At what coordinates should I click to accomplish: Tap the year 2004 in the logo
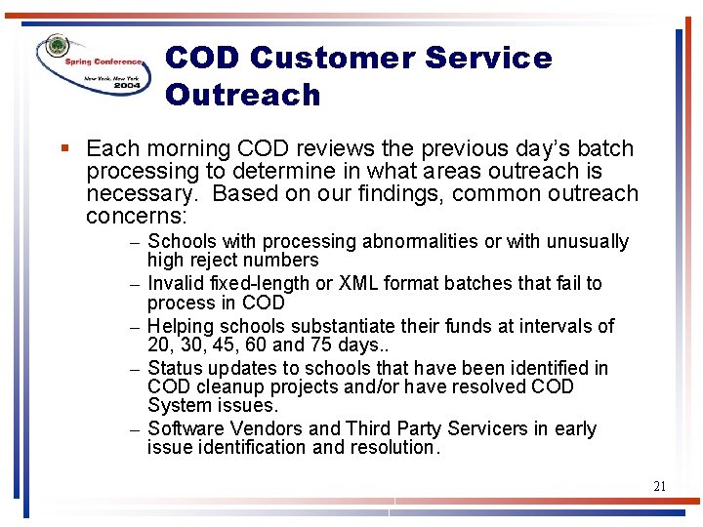(x=127, y=86)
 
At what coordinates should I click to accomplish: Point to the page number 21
(x=661, y=485)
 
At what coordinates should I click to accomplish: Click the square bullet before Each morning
(x=64, y=149)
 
